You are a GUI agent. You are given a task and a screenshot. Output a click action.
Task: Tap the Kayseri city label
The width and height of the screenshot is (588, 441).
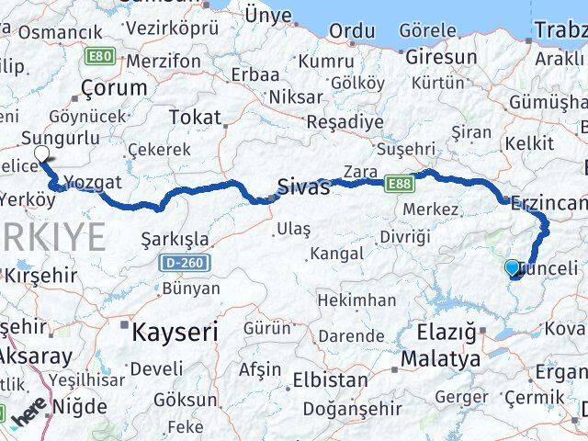175,331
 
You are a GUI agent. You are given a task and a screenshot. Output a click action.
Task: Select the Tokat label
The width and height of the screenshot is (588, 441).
196,118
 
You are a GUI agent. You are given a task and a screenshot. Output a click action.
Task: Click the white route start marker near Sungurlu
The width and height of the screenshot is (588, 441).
41,154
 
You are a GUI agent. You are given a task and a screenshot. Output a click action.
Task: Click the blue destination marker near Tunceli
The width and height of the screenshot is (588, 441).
513,267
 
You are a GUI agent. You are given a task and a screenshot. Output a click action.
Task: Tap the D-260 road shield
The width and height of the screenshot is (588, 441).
184,264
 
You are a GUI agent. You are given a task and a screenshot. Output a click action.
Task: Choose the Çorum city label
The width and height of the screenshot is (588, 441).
114,88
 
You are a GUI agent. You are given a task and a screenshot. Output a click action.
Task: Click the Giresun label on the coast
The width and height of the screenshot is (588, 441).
441,57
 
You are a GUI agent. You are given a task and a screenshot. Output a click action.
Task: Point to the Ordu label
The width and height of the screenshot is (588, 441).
353,30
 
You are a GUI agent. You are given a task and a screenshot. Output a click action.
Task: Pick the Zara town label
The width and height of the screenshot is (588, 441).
360,171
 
